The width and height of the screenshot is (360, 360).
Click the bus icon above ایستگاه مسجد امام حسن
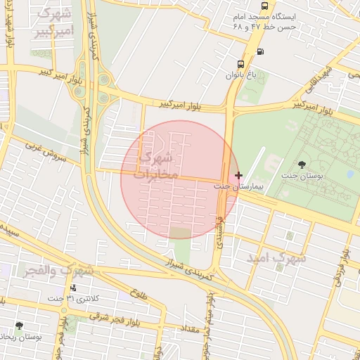tap(264, 5)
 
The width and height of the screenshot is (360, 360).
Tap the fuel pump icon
tap(261, 51)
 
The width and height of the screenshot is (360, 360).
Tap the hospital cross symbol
tap(239, 175)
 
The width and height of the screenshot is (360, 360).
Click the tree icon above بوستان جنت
tap(302, 165)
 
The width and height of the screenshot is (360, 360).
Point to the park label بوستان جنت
tap(302, 176)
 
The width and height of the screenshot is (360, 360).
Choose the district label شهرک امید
tap(276, 258)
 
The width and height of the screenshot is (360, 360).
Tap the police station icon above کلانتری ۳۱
tap(72, 288)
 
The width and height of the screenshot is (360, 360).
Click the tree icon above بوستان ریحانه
tap(19, 326)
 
